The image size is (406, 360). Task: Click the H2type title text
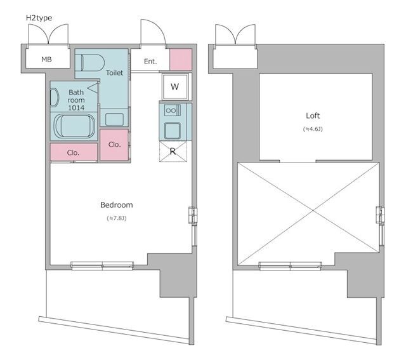39,18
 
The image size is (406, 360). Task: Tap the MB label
46,59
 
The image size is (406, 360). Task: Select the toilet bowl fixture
93,62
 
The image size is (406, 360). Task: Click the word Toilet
114,73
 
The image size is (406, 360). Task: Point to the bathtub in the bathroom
75,126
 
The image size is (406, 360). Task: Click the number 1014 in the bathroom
76,108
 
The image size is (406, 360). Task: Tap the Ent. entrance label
150,62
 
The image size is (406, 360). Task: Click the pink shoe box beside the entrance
181,59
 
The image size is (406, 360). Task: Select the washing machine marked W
175,87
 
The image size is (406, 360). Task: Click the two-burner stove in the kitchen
173,110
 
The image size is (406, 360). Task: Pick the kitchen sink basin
173,131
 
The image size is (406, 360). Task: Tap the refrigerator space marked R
173,151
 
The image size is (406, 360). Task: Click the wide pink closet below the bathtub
74,152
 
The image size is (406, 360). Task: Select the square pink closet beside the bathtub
114,145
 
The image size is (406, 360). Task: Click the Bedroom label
117,205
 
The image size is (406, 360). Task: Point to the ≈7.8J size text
117,218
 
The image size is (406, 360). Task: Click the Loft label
313,116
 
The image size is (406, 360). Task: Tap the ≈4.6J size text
313,129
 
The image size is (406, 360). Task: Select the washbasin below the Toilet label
114,119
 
